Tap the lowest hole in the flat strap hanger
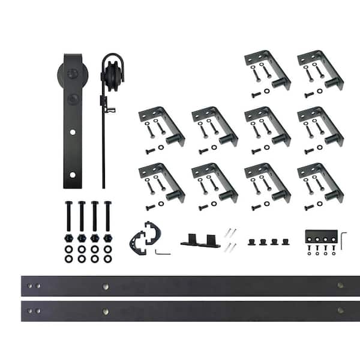click(73, 175)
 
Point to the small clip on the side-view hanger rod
click(109, 109)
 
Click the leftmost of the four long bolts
click(68, 217)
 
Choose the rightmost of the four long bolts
click(107, 217)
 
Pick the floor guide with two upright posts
click(199, 241)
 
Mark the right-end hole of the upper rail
click(340, 286)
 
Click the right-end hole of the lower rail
click(340, 310)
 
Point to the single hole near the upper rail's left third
click(106, 286)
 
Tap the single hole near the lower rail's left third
click(106, 311)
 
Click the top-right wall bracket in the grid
click(320, 71)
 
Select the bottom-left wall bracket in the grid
click(161, 183)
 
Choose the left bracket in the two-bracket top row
click(268, 71)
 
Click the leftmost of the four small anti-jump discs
click(252, 243)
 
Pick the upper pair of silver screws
click(230, 232)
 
